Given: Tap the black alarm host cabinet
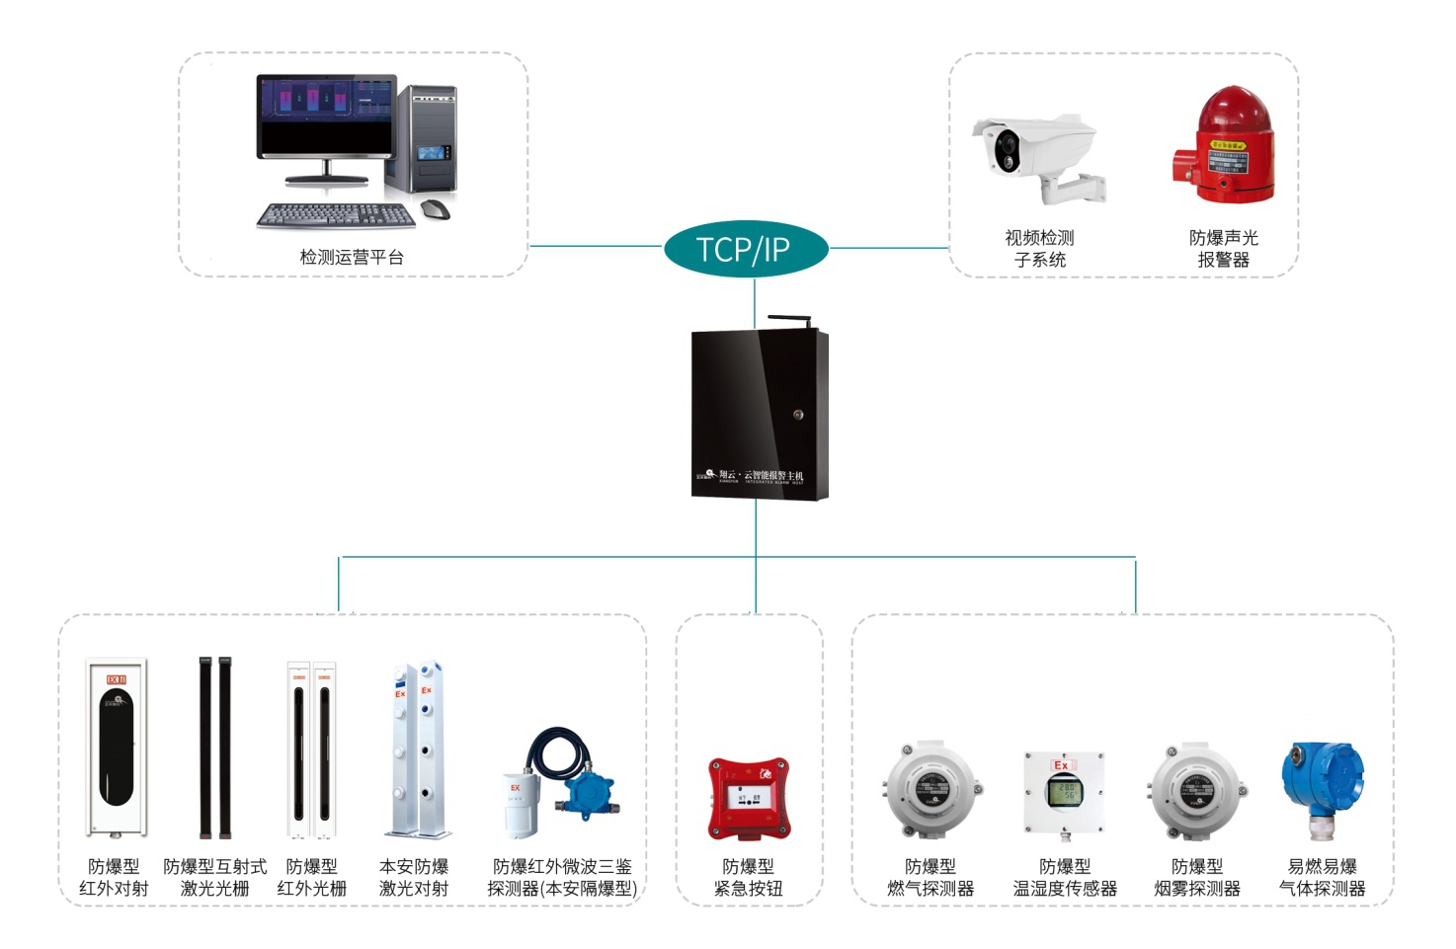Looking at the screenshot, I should coord(759,415).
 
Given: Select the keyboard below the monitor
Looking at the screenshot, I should coord(334,214).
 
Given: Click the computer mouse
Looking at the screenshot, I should coord(435,209).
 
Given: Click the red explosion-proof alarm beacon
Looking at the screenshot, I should coord(1224,145).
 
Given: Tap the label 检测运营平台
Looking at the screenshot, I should coord(352,258).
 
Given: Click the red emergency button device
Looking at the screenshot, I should coord(750,798).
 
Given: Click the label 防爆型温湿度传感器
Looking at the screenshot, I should coord(1065,877).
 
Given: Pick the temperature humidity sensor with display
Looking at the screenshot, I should coord(1064,791).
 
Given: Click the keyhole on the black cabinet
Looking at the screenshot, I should coord(798,415).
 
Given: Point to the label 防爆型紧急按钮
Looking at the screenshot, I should coord(749,877).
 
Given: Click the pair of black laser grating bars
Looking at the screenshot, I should coord(214,747).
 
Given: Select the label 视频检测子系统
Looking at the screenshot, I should coord(1039,249).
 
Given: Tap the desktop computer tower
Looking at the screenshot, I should coord(428,138).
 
